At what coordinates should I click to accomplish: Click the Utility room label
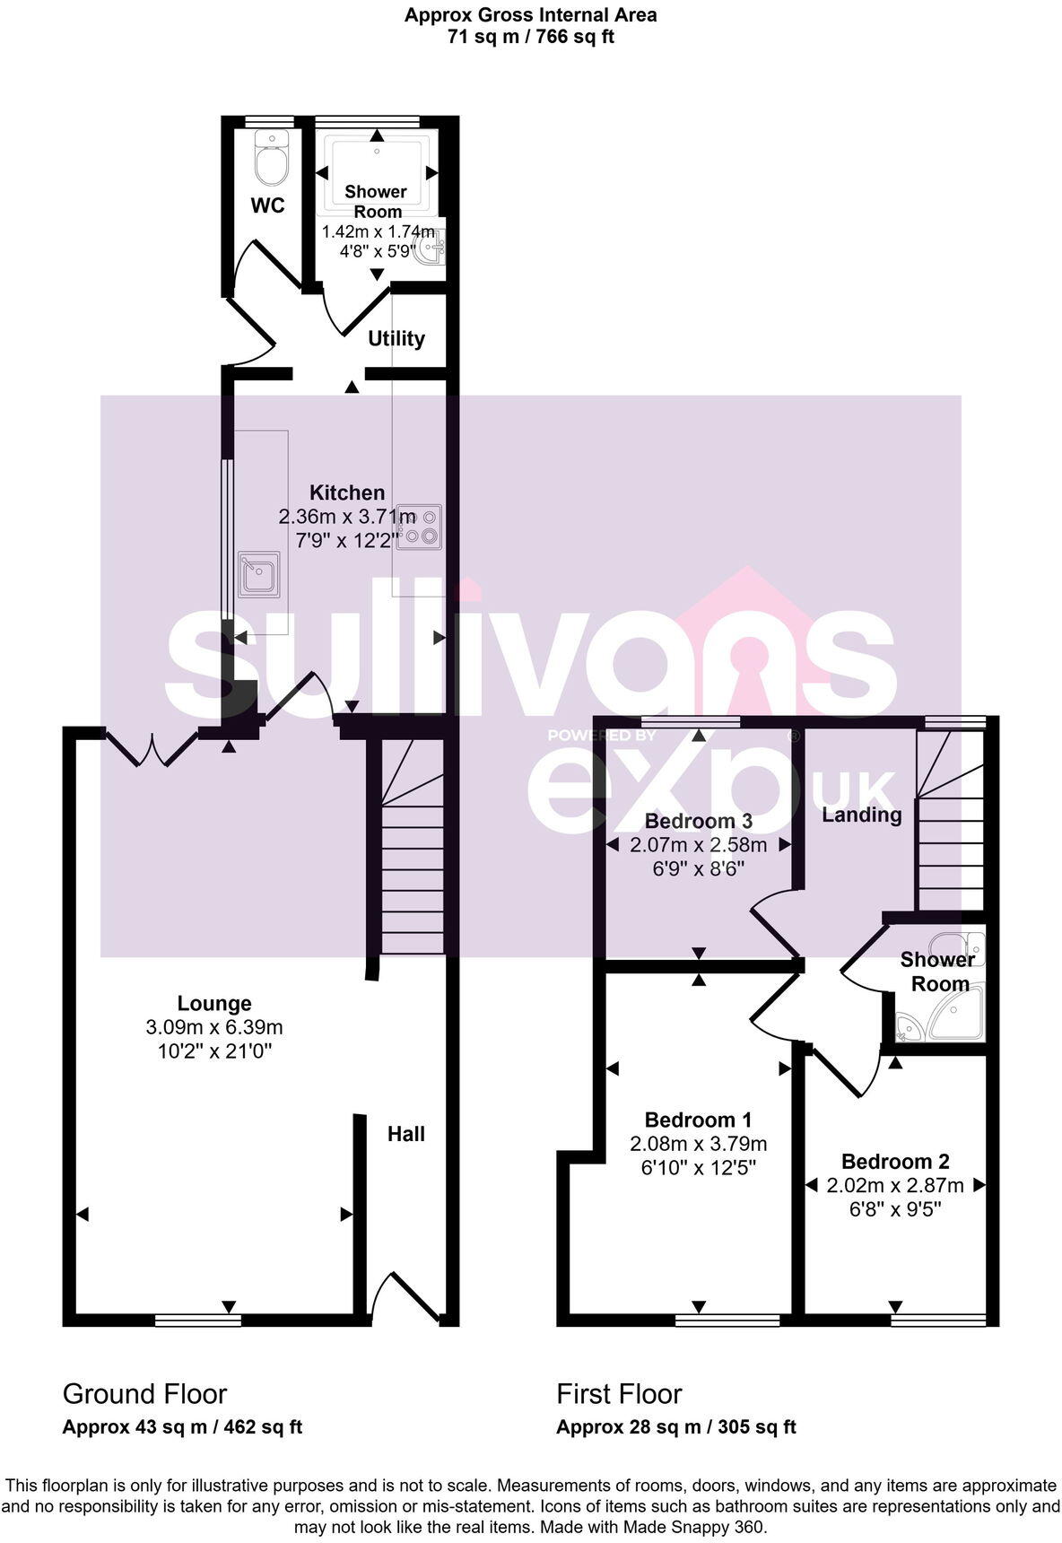pos(396,338)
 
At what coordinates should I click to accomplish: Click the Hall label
pos(405,1134)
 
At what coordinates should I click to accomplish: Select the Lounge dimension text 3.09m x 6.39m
pos(214,1027)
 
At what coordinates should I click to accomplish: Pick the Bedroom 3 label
pos(698,821)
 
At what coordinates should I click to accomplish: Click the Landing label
pos(862,815)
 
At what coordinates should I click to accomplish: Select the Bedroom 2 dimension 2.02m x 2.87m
pos(895,1185)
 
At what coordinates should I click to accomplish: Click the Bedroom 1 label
pos(698,1120)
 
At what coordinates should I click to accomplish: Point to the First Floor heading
pos(619,1393)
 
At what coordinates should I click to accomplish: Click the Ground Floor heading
pos(144,1393)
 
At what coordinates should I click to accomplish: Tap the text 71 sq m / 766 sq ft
pos(530,37)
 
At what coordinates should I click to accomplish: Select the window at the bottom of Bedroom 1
pos(727,1319)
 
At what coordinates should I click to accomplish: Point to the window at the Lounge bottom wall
pos(197,1319)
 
